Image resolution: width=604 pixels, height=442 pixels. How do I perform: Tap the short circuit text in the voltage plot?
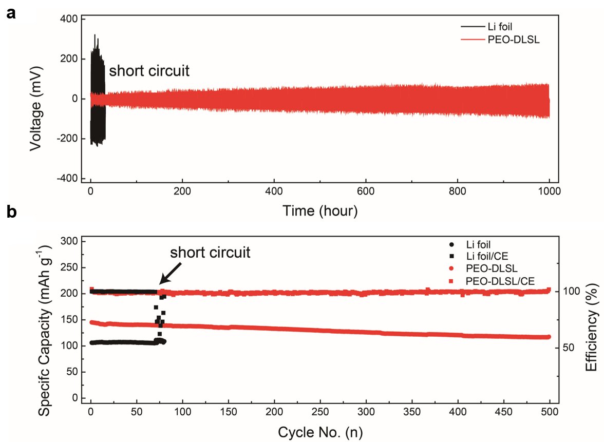point(148,70)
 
